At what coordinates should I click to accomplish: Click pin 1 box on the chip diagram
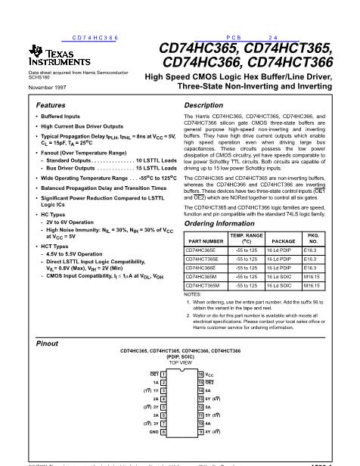[164, 374]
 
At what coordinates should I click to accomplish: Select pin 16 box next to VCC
[200, 374]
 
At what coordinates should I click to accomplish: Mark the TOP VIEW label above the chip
[182, 362]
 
